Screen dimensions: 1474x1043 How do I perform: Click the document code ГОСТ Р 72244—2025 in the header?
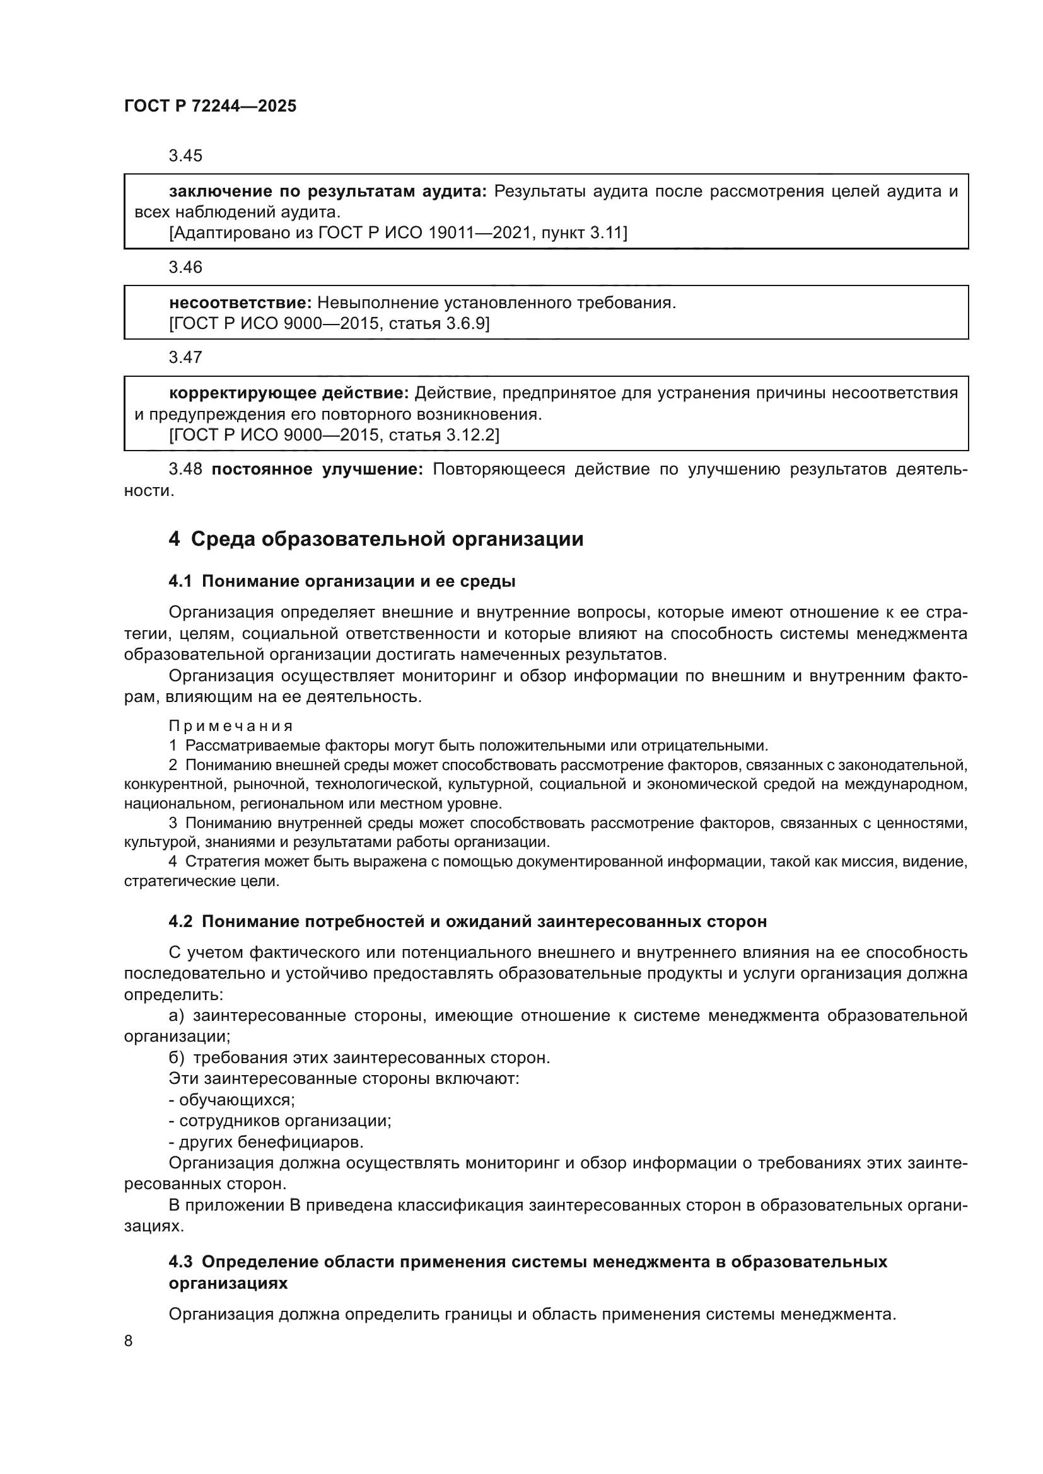[x=210, y=106]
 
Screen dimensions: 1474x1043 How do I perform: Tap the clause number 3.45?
[x=185, y=156]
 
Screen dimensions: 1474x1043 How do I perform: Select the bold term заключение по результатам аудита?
[x=327, y=191]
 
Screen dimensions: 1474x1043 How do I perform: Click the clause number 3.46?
[x=185, y=267]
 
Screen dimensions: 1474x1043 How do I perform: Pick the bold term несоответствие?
[x=240, y=302]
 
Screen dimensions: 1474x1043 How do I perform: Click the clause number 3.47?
[x=185, y=357]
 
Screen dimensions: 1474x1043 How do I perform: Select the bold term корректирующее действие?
[x=288, y=392]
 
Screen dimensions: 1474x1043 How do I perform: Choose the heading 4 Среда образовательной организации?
[x=376, y=539]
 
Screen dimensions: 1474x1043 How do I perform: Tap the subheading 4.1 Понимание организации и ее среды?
[x=342, y=582]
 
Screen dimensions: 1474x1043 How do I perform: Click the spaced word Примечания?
[x=231, y=726]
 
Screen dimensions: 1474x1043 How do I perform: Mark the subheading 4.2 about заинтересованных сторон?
[x=467, y=922]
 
